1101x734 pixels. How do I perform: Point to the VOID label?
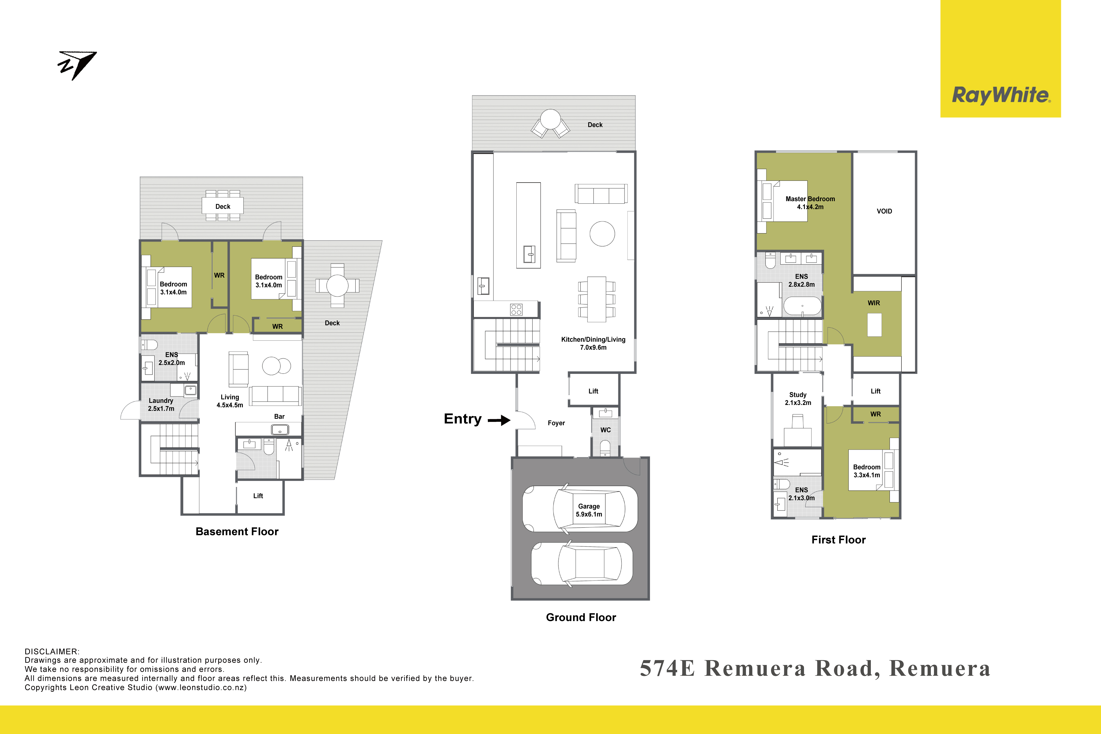coord(884,211)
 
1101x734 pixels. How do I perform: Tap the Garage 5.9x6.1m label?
coord(589,510)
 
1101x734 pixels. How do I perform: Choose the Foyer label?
coord(556,423)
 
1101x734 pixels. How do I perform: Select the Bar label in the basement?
coord(279,417)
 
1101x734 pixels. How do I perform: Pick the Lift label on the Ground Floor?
coord(593,391)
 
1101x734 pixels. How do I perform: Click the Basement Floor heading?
coord(237,532)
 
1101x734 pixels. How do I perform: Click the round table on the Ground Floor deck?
coord(550,119)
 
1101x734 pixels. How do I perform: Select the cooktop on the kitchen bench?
coord(516,309)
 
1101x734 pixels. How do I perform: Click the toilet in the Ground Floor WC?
coord(605,448)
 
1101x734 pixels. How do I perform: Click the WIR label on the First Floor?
coord(874,303)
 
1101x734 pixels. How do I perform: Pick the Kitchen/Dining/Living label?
coord(593,343)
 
